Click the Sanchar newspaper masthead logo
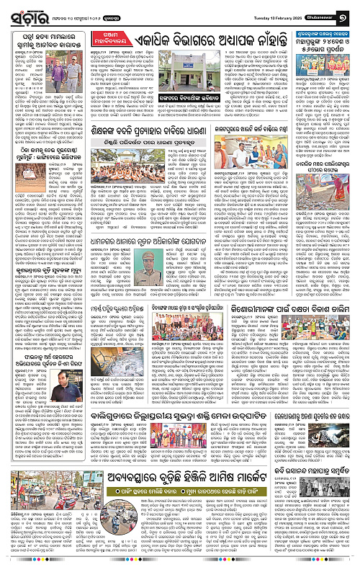[x=25, y=14]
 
